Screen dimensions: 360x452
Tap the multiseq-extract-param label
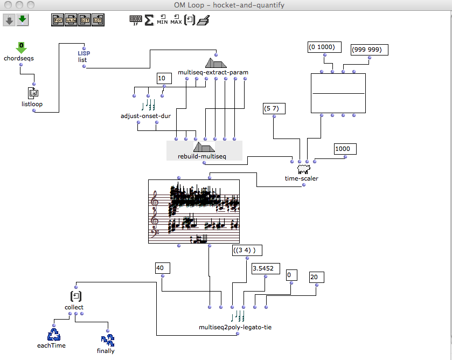[213, 72]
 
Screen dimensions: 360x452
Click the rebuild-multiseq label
[202, 156]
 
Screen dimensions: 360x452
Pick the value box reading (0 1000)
[322, 47]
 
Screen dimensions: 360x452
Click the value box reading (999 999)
[366, 50]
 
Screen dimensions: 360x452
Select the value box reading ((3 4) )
[247, 250]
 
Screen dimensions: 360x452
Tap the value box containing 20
[316, 277]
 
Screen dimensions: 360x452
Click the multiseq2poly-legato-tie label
[232, 327]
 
